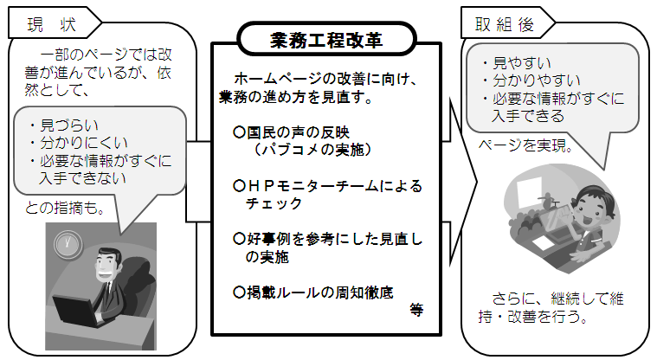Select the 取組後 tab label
tap(505, 24)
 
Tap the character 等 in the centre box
tap(416, 310)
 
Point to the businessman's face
tap(108, 266)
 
